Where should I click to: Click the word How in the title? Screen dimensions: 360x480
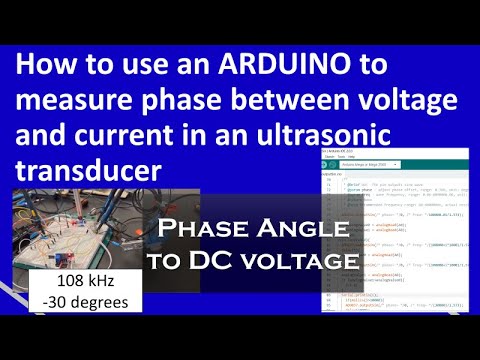(46, 67)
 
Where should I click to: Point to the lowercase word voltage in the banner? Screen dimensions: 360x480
(305, 262)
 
